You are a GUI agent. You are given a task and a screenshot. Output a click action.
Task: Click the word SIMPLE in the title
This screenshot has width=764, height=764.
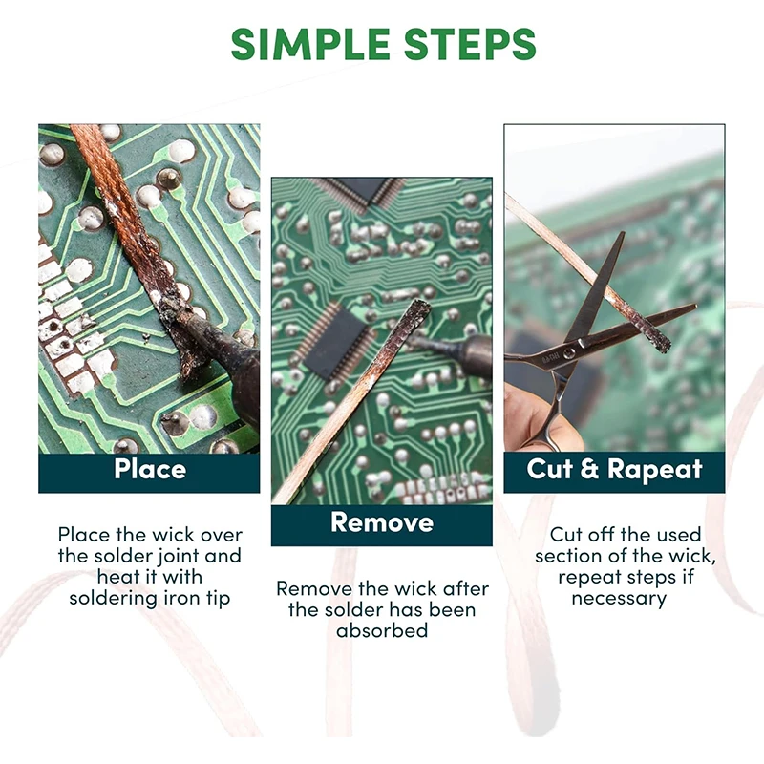310,44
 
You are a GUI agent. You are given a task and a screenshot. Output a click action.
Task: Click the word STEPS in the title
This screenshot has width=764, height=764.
470,44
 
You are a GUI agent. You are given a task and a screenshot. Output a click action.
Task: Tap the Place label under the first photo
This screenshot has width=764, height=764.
150,469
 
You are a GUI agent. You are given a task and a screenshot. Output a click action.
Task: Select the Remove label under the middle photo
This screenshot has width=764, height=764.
382,522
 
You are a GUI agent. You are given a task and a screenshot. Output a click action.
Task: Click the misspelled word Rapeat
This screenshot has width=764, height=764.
654,469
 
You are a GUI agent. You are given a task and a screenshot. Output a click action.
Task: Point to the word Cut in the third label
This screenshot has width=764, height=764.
548,469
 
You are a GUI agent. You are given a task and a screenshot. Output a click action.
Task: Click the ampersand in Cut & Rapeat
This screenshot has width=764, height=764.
589,469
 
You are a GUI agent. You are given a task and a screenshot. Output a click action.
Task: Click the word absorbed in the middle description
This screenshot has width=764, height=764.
382,630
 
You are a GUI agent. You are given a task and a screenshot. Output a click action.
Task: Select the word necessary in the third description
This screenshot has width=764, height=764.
619,599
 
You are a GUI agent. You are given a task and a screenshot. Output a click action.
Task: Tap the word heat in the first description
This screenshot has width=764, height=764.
115,577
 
